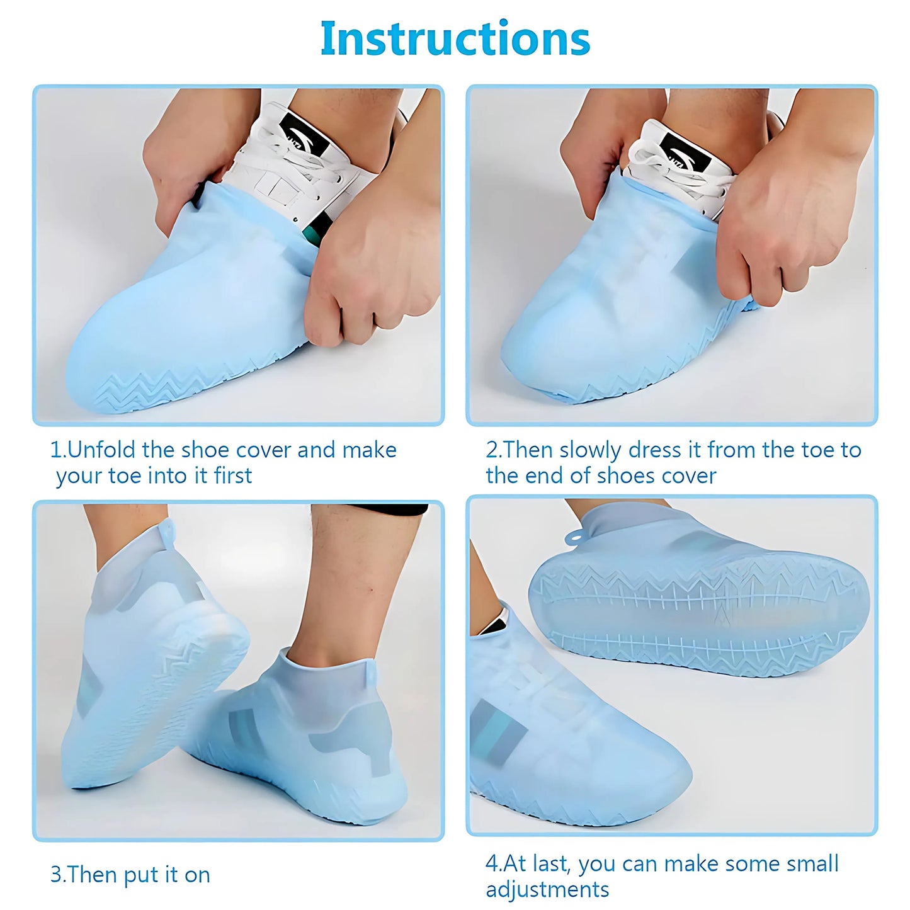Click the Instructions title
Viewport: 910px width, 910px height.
pos(455,39)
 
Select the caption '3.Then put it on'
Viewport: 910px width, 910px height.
pos(130,875)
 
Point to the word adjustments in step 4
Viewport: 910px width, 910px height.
pos(547,889)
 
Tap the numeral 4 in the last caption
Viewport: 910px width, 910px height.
pos(492,863)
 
